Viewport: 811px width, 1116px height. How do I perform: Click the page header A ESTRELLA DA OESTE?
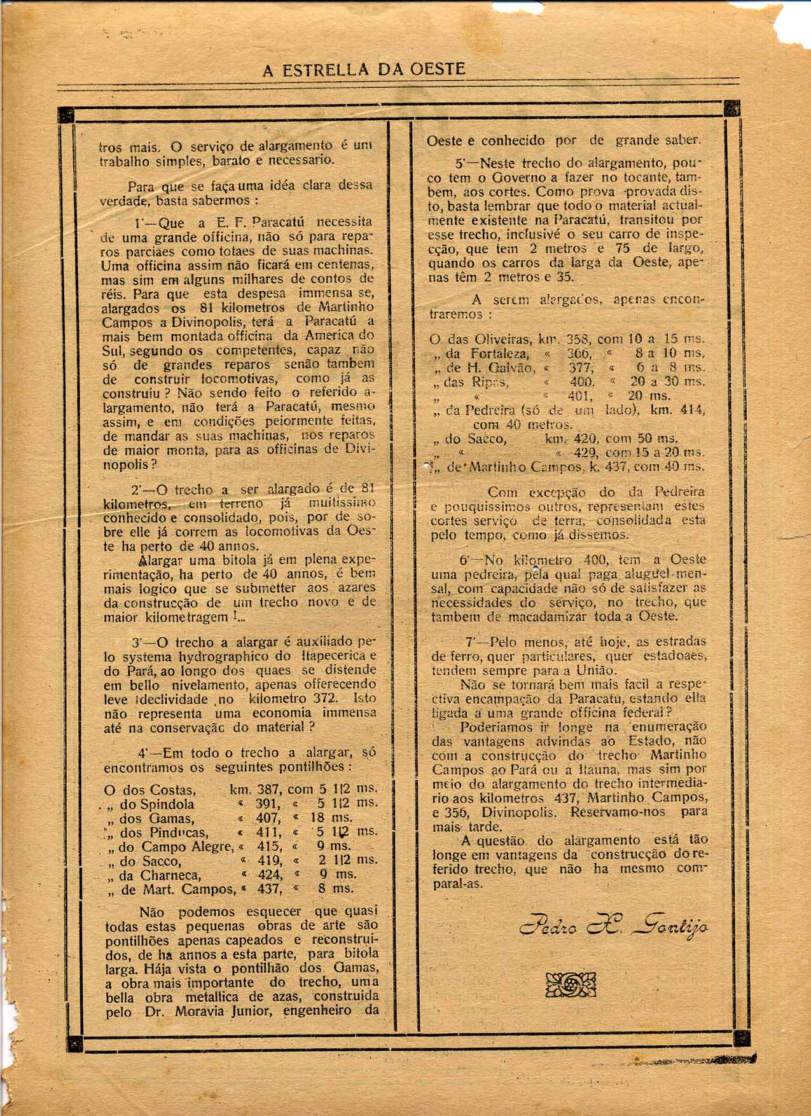(x=363, y=69)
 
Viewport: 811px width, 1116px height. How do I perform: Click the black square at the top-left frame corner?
(x=66, y=114)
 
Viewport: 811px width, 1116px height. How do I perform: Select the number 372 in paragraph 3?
(x=324, y=698)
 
